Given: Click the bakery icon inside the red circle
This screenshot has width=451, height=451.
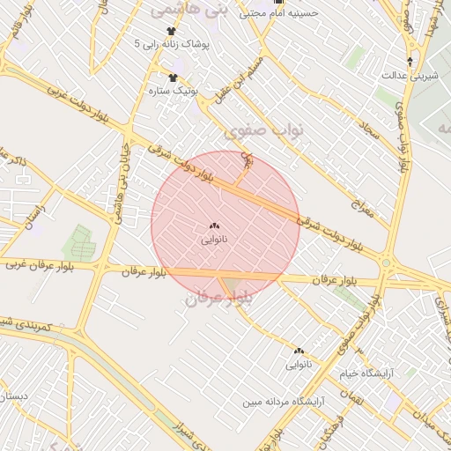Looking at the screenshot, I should [215, 225].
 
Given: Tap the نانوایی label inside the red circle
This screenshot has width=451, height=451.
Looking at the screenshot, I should [214, 239].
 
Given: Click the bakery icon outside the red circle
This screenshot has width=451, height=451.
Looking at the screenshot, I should [299, 351].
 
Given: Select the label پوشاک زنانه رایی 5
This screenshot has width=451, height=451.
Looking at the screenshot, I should [172, 43].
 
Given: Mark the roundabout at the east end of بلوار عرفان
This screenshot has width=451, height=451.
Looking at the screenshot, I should [386, 262].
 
